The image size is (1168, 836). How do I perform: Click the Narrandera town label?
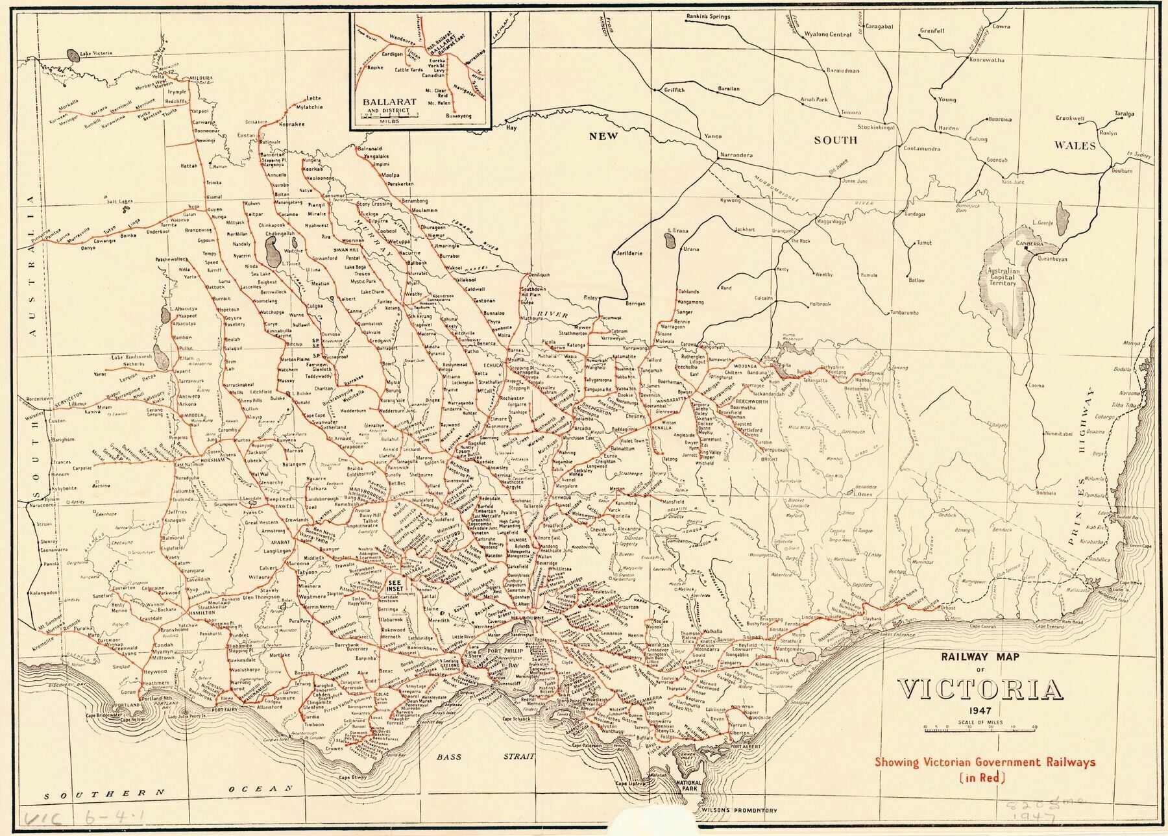click(735, 156)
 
